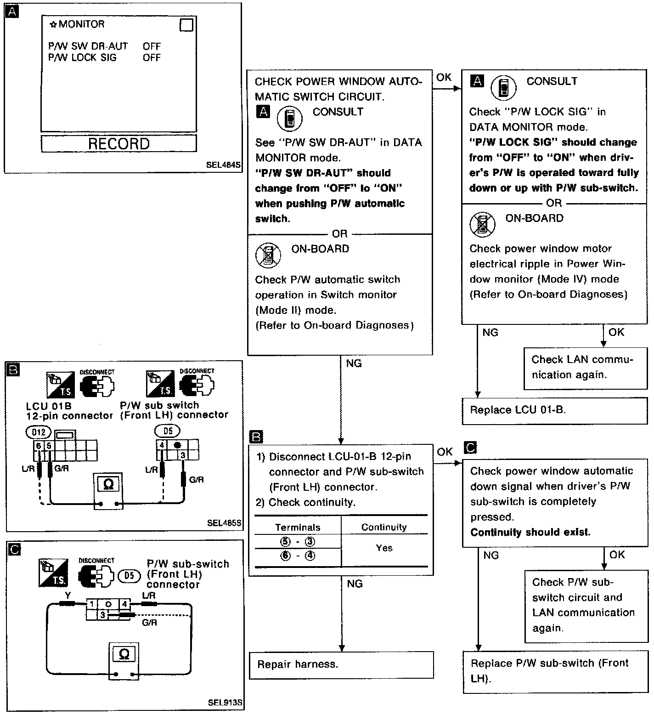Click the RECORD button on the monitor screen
118,143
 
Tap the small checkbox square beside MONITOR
186,25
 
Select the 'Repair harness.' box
341,664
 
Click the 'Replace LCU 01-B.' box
554,410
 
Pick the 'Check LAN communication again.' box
585,367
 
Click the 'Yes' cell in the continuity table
384,548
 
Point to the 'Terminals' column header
298,528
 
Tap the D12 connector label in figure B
39,432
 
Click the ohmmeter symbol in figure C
124,654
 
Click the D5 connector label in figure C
130,575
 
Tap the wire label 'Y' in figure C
68,596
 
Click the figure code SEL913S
225,703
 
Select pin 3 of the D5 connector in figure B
183,455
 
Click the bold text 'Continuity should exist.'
530,533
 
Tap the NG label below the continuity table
355,584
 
